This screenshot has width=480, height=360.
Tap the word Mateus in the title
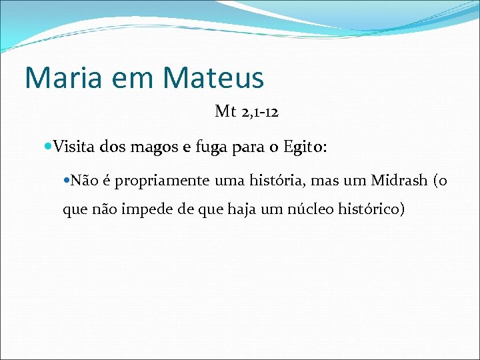coord(214,78)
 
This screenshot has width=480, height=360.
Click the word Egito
coord(302,147)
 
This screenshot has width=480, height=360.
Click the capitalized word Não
coord(83,180)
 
